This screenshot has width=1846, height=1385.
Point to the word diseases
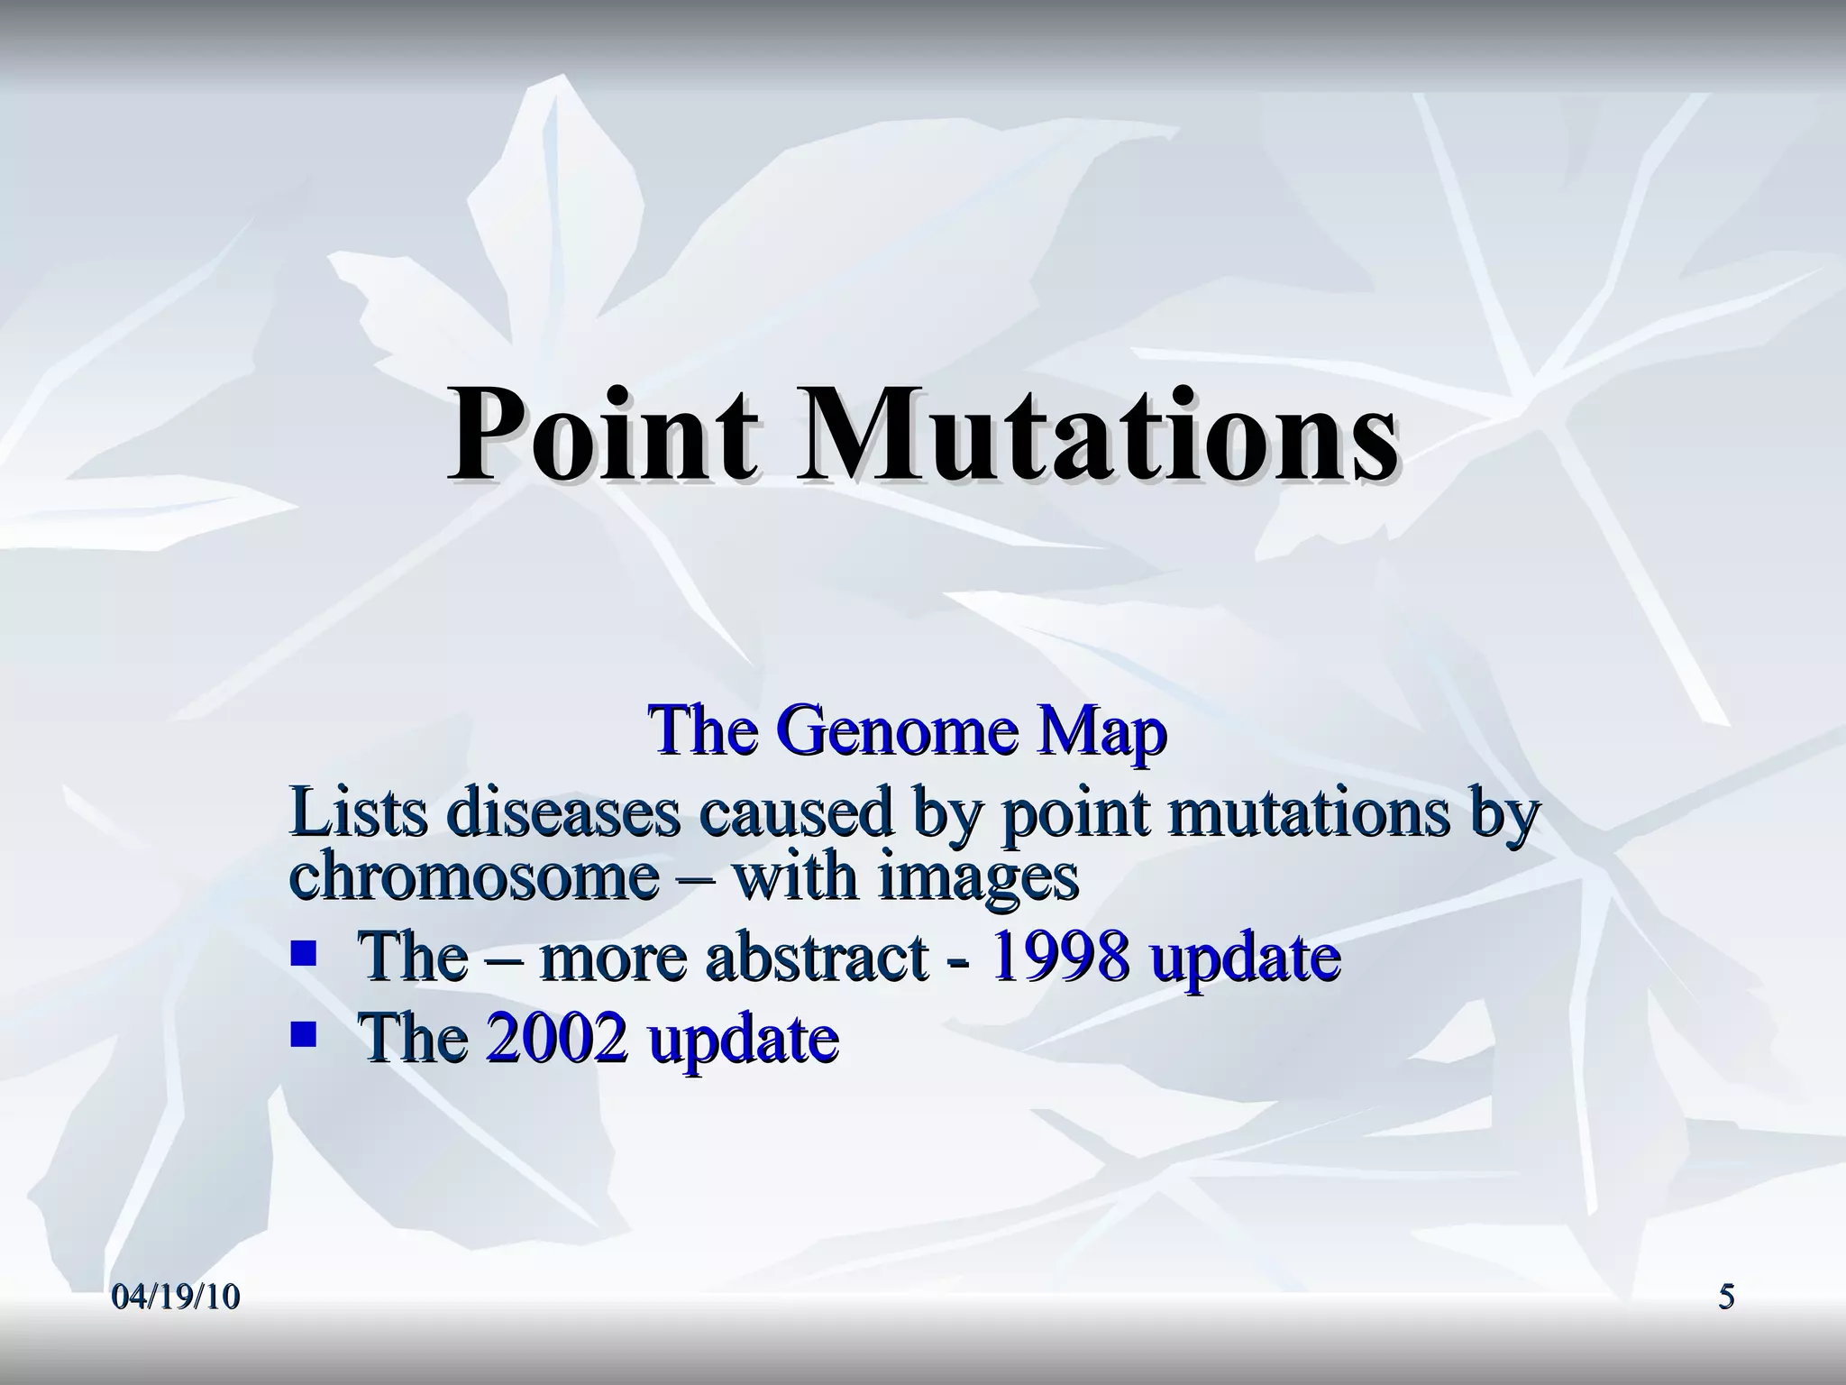[562, 811]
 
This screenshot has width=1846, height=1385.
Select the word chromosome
[472, 876]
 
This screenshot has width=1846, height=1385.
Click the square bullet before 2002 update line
[304, 1033]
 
